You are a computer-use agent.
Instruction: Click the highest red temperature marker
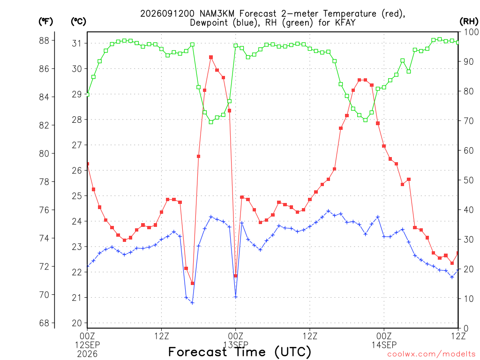211,57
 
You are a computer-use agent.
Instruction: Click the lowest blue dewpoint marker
192,303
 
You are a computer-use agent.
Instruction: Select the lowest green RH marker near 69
211,122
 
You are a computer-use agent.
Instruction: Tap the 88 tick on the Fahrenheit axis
44,41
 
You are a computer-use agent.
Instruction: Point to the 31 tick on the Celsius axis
77,44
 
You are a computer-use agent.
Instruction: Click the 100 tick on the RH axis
472,32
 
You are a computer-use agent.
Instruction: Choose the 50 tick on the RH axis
469,180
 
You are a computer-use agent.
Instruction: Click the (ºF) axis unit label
45,22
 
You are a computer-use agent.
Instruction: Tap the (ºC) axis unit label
78,22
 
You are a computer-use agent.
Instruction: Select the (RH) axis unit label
469,22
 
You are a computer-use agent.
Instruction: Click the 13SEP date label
236,345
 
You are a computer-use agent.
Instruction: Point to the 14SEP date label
384,345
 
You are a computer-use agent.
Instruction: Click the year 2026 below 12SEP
87,354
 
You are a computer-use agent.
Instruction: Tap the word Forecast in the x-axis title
198,352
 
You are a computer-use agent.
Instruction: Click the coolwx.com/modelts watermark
432,354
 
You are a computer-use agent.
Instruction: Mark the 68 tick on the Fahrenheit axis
44,323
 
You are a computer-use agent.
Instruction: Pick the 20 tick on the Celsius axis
77,323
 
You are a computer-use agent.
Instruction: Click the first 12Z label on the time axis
161,336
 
